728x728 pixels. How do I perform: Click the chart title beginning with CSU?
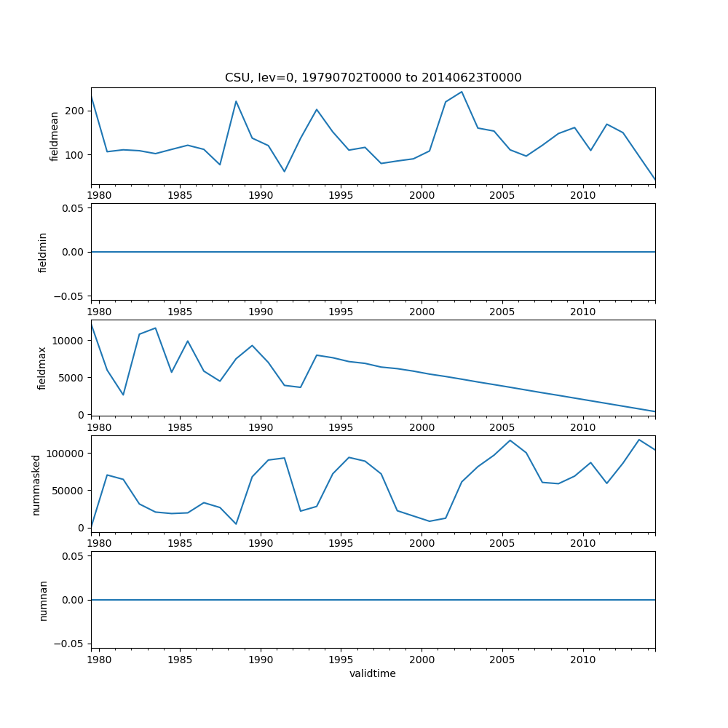pos(373,78)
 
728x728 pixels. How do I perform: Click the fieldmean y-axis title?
pos(55,136)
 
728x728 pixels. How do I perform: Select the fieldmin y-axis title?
pos(43,252)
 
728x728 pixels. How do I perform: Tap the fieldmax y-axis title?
pos(43,368)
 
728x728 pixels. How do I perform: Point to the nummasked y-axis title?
pos(36,484)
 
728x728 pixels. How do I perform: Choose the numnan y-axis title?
pos(43,600)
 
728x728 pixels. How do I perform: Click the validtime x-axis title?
pos(373,674)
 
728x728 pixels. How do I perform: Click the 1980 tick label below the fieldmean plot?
pos(99,196)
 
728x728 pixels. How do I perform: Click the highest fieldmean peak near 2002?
pos(462,92)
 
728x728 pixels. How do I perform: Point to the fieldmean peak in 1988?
pos(236,101)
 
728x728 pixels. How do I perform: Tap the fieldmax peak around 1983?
pos(155,328)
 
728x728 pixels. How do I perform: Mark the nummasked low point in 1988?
pos(236,523)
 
